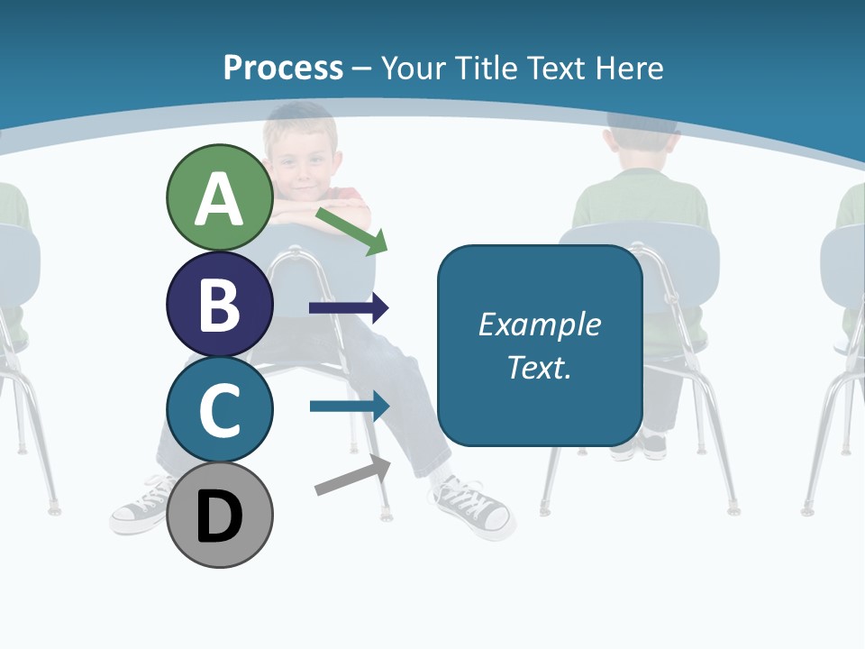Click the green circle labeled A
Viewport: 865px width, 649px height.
coord(219,198)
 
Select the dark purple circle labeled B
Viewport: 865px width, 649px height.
coord(219,305)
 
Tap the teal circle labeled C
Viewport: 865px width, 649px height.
coord(219,409)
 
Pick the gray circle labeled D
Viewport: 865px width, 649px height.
coord(219,516)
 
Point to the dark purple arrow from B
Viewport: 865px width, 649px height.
coord(349,308)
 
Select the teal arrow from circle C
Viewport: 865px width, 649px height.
coord(349,406)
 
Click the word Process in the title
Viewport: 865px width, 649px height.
coord(283,68)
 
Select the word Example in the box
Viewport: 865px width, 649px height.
coord(539,324)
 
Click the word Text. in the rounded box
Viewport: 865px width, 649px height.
coord(539,368)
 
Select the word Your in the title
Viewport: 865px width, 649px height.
coord(415,68)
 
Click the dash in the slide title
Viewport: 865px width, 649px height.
coord(362,68)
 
